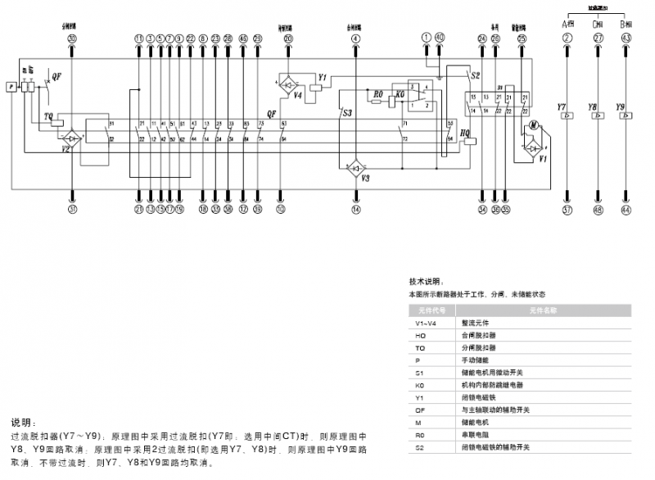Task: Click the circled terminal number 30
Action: [x=72, y=38]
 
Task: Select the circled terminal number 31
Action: [x=72, y=210]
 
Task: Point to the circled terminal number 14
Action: [x=355, y=210]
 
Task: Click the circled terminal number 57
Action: [x=567, y=210]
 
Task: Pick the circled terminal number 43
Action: [x=626, y=38]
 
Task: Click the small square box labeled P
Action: [x=11, y=86]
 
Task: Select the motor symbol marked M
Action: [x=531, y=125]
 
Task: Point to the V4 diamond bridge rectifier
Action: [x=288, y=84]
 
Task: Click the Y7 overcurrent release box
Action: [x=567, y=117]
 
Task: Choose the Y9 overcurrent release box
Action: [x=626, y=117]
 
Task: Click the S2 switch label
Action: [x=475, y=75]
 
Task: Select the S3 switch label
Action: [x=347, y=112]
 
